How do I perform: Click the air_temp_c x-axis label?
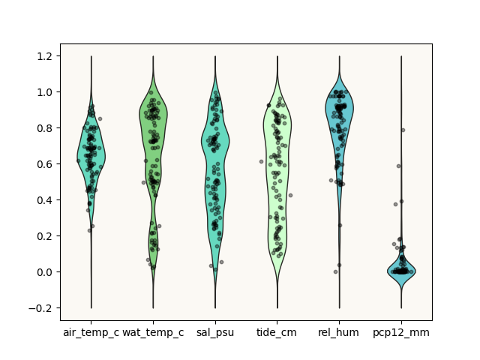pos(91,333)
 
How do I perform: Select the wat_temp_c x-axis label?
pos(153,333)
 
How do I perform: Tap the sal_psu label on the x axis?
pos(215,333)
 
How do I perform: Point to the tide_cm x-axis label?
pos(277,333)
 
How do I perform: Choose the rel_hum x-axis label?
pos(338,333)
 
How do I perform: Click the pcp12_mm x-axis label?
pos(401,333)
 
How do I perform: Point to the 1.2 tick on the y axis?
pos(44,56)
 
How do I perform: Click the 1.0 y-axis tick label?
pos(44,92)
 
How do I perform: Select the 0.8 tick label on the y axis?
pos(44,128)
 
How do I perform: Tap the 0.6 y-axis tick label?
pos(44,164)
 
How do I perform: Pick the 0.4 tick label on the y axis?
pos(44,200)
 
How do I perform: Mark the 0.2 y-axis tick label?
pos(44,236)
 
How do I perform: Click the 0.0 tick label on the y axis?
pos(44,271)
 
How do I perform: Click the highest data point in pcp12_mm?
pos(403,130)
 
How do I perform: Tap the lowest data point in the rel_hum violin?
pos(335,271)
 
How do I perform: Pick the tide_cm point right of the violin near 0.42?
pos(290,195)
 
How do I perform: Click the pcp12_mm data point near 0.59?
pos(398,166)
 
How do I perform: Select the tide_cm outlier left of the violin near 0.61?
pos(262,162)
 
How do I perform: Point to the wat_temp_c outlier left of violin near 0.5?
pos(143,182)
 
